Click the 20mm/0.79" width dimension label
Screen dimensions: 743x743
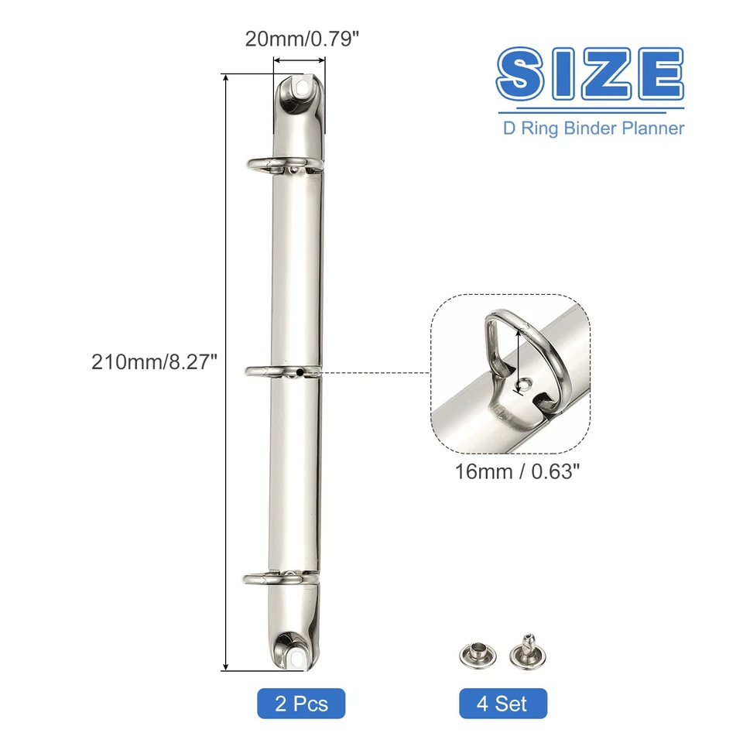(302, 38)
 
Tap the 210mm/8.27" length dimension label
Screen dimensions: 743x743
(152, 361)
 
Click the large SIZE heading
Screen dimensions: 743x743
(590, 74)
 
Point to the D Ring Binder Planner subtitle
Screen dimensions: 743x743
(594, 128)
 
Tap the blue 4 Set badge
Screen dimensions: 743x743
(502, 704)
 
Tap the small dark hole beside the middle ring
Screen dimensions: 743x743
(299, 373)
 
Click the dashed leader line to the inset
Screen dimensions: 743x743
(371, 373)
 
